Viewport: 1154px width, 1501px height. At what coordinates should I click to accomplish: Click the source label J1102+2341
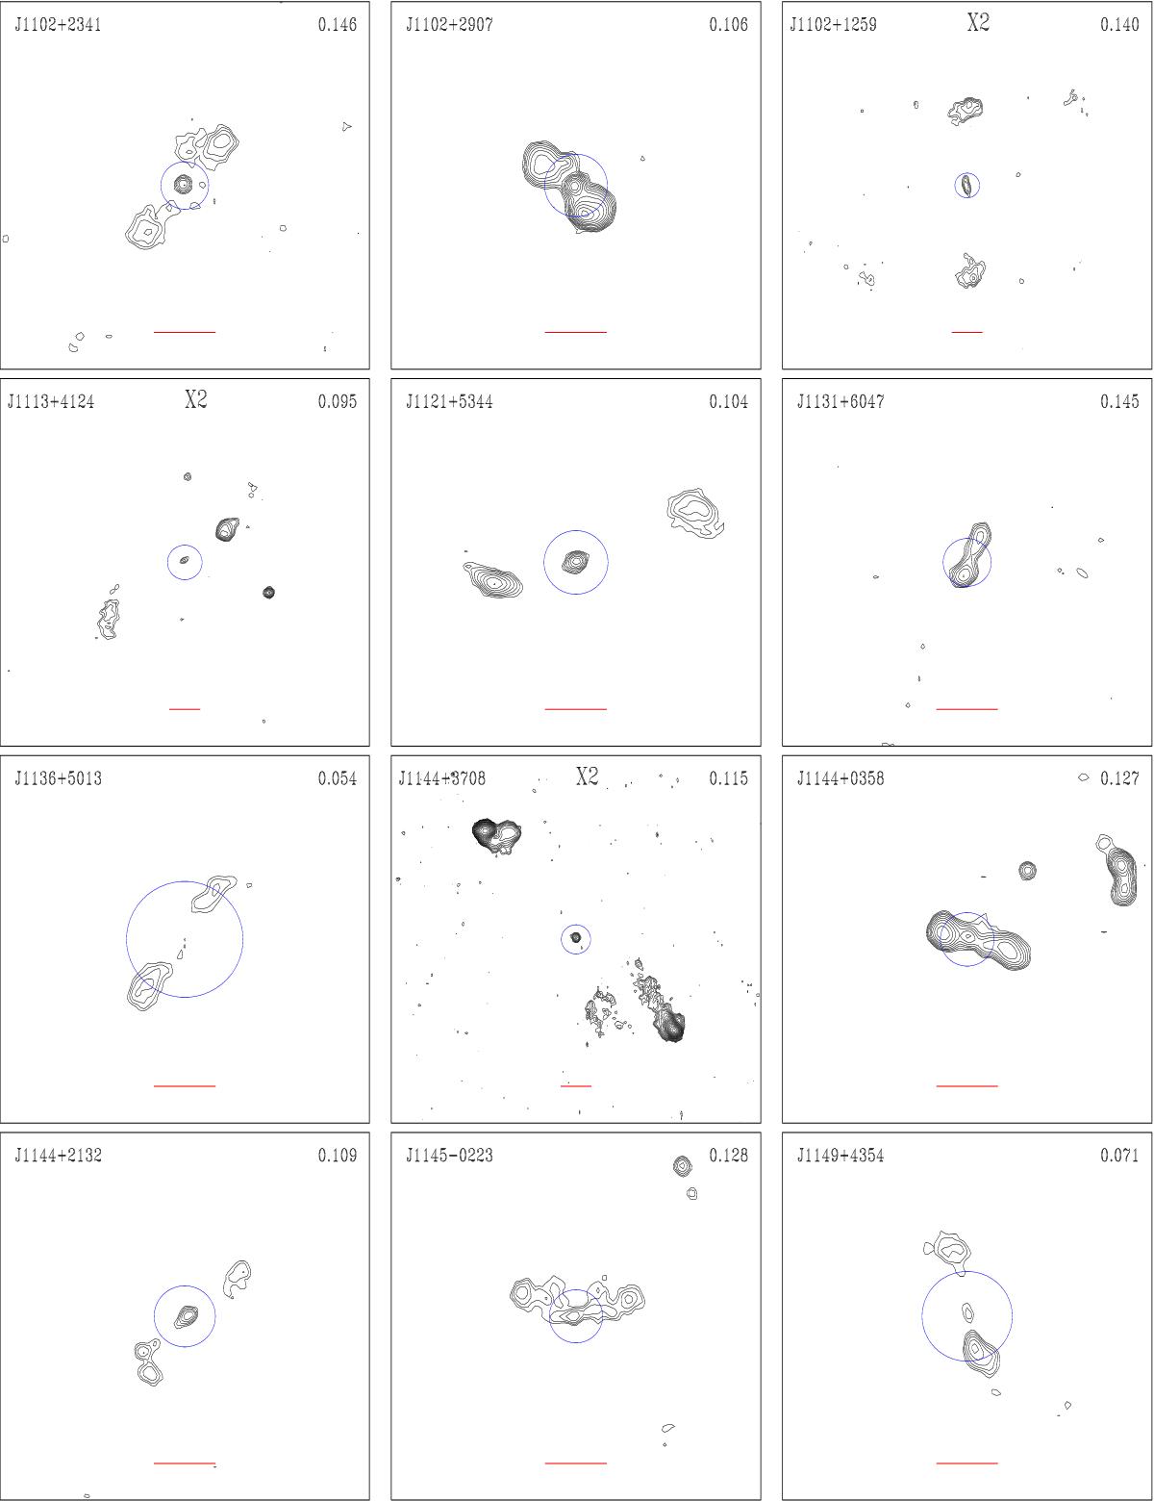point(58,25)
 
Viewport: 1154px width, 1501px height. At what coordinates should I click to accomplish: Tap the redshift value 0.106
point(728,25)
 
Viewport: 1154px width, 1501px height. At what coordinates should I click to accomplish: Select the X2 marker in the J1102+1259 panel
point(978,23)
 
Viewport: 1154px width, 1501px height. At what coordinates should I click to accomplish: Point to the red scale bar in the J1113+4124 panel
point(185,709)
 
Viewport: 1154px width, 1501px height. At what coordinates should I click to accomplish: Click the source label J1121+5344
point(449,402)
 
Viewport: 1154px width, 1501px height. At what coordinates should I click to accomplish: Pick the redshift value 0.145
point(1119,402)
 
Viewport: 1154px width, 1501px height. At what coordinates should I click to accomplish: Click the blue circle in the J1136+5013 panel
point(126,939)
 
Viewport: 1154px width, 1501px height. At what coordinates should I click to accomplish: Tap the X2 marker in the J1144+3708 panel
point(587,777)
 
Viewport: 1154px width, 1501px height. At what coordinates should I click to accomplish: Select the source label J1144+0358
point(840,779)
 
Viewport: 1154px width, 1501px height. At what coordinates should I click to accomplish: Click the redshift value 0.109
point(338,1156)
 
